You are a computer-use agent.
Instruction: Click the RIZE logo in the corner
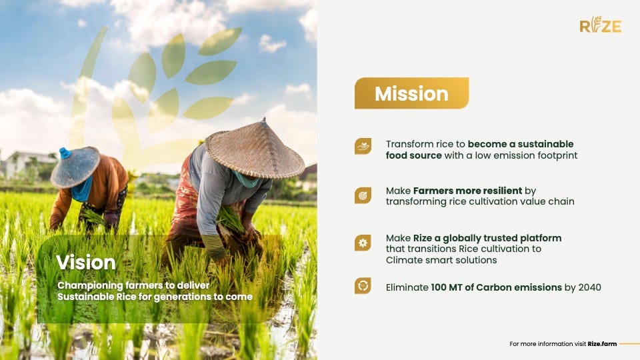(601, 25)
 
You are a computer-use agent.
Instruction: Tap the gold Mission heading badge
(411, 93)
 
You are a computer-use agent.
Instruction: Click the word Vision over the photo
(86, 263)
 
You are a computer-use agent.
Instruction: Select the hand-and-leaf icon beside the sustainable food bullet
(363, 146)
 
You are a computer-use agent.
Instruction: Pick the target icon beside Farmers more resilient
(363, 195)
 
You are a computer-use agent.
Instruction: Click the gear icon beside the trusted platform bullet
(363, 243)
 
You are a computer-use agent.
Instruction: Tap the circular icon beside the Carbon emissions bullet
(363, 286)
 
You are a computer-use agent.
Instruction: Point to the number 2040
(590, 287)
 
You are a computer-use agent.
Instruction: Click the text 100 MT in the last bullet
(447, 287)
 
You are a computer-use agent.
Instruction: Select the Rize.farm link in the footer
(602, 344)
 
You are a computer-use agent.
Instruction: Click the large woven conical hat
(255, 149)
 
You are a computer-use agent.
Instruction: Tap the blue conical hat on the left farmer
(75, 167)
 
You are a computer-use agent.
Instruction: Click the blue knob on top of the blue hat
(65, 153)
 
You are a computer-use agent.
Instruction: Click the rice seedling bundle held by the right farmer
(231, 219)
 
